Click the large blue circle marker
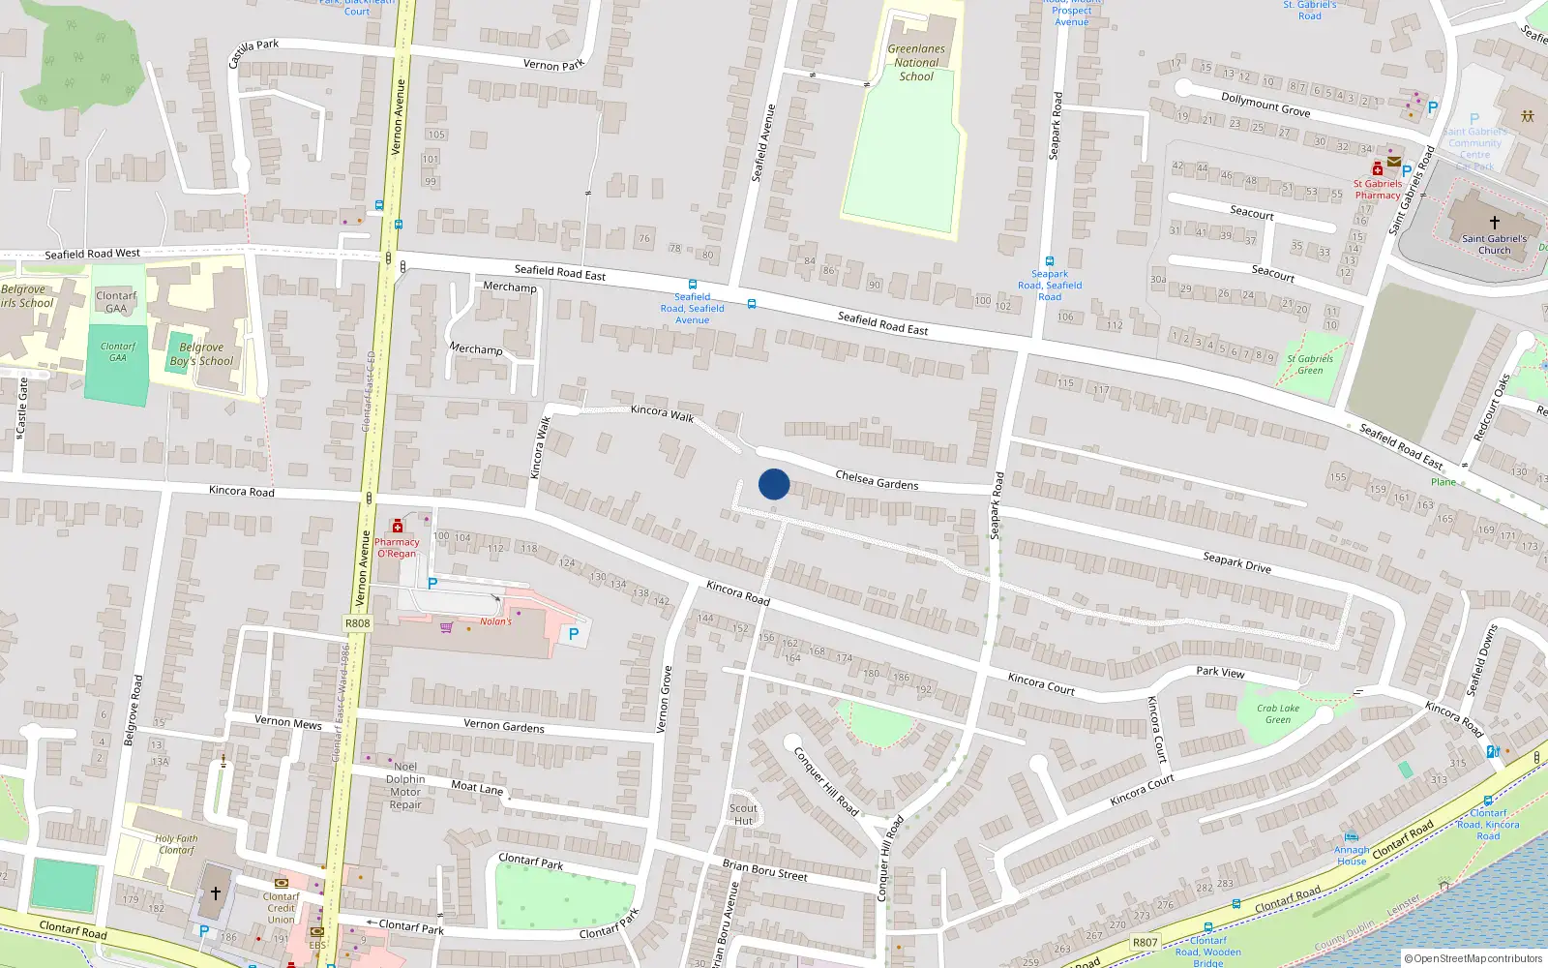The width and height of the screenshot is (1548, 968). (x=774, y=484)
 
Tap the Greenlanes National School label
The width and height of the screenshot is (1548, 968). (x=916, y=63)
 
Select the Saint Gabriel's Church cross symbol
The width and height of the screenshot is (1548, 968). (x=1495, y=223)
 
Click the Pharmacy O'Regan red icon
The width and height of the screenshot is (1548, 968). (x=397, y=526)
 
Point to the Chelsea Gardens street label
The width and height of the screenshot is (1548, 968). (x=877, y=479)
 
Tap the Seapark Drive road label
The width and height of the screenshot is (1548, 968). (x=1236, y=562)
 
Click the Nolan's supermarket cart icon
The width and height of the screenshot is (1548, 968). (x=446, y=626)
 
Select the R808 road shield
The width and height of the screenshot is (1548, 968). (x=357, y=623)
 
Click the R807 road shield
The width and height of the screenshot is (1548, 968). (x=1145, y=942)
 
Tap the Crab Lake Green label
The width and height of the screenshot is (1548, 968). (x=1278, y=713)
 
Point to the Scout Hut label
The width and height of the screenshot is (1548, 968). (x=743, y=814)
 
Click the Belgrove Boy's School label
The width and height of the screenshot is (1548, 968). (x=201, y=354)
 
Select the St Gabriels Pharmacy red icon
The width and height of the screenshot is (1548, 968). (x=1378, y=169)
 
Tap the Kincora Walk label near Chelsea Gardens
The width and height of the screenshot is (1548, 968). (x=662, y=412)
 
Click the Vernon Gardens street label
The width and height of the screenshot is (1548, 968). (x=503, y=725)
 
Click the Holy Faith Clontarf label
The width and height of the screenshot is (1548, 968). (x=176, y=844)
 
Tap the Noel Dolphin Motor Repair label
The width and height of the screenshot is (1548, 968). (x=405, y=785)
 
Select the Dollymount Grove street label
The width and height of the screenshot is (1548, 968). (x=1265, y=105)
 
